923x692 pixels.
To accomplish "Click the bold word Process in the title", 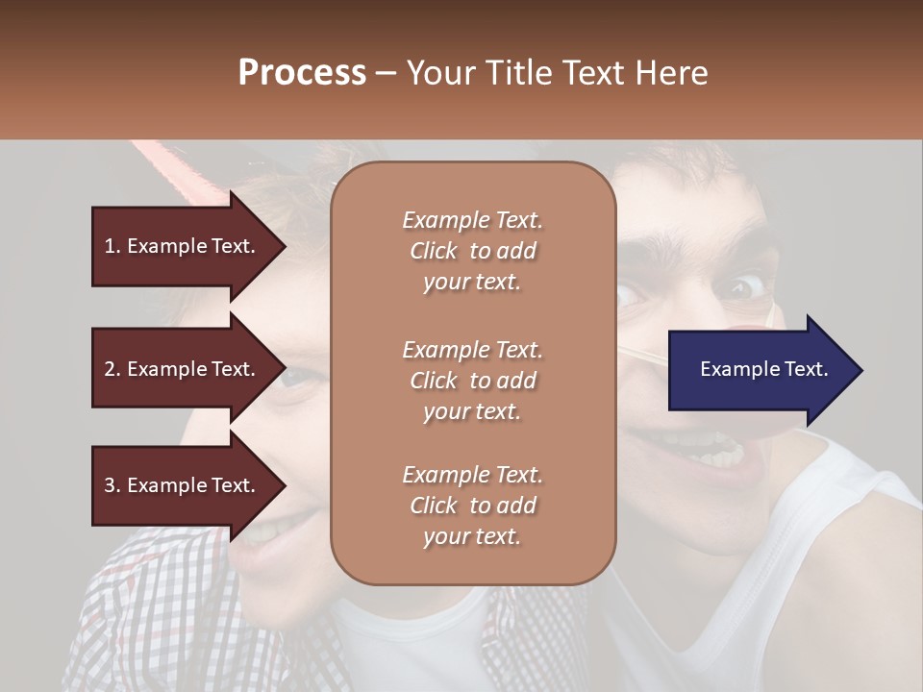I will [302, 73].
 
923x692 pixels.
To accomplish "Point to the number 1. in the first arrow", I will [112, 246].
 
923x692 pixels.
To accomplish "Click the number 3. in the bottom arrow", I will [112, 485].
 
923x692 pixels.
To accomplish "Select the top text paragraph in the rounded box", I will [472, 251].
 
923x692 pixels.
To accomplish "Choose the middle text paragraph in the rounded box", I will [472, 381].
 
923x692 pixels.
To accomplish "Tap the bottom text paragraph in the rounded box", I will [472, 506].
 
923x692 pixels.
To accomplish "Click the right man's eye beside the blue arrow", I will [741, 287].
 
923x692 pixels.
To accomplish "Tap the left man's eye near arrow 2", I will [294, 378].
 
